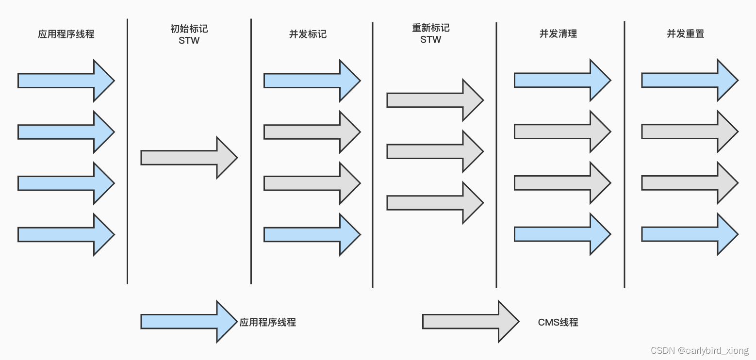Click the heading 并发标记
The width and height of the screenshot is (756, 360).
(x=308, y=34)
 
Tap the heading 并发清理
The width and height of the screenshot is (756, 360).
(x=558, y=34)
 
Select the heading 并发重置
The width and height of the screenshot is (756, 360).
(x=685, y=34)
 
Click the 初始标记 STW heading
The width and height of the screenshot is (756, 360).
(x=189, y=34)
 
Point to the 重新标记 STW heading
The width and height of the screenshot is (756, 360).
(x=430, y=34)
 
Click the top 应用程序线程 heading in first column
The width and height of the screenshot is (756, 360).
(x=66, y=34)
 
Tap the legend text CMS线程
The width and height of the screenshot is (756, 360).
(x=558, y=322)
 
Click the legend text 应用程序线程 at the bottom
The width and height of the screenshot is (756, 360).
(x=267, y=322)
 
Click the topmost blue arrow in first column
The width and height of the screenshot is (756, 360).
(x=66, y=81)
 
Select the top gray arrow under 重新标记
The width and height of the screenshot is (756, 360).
(x=435, y=100)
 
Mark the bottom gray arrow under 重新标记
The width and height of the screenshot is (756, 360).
(x=435, y=202)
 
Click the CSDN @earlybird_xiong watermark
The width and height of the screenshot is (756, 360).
(x=699, y=350)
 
